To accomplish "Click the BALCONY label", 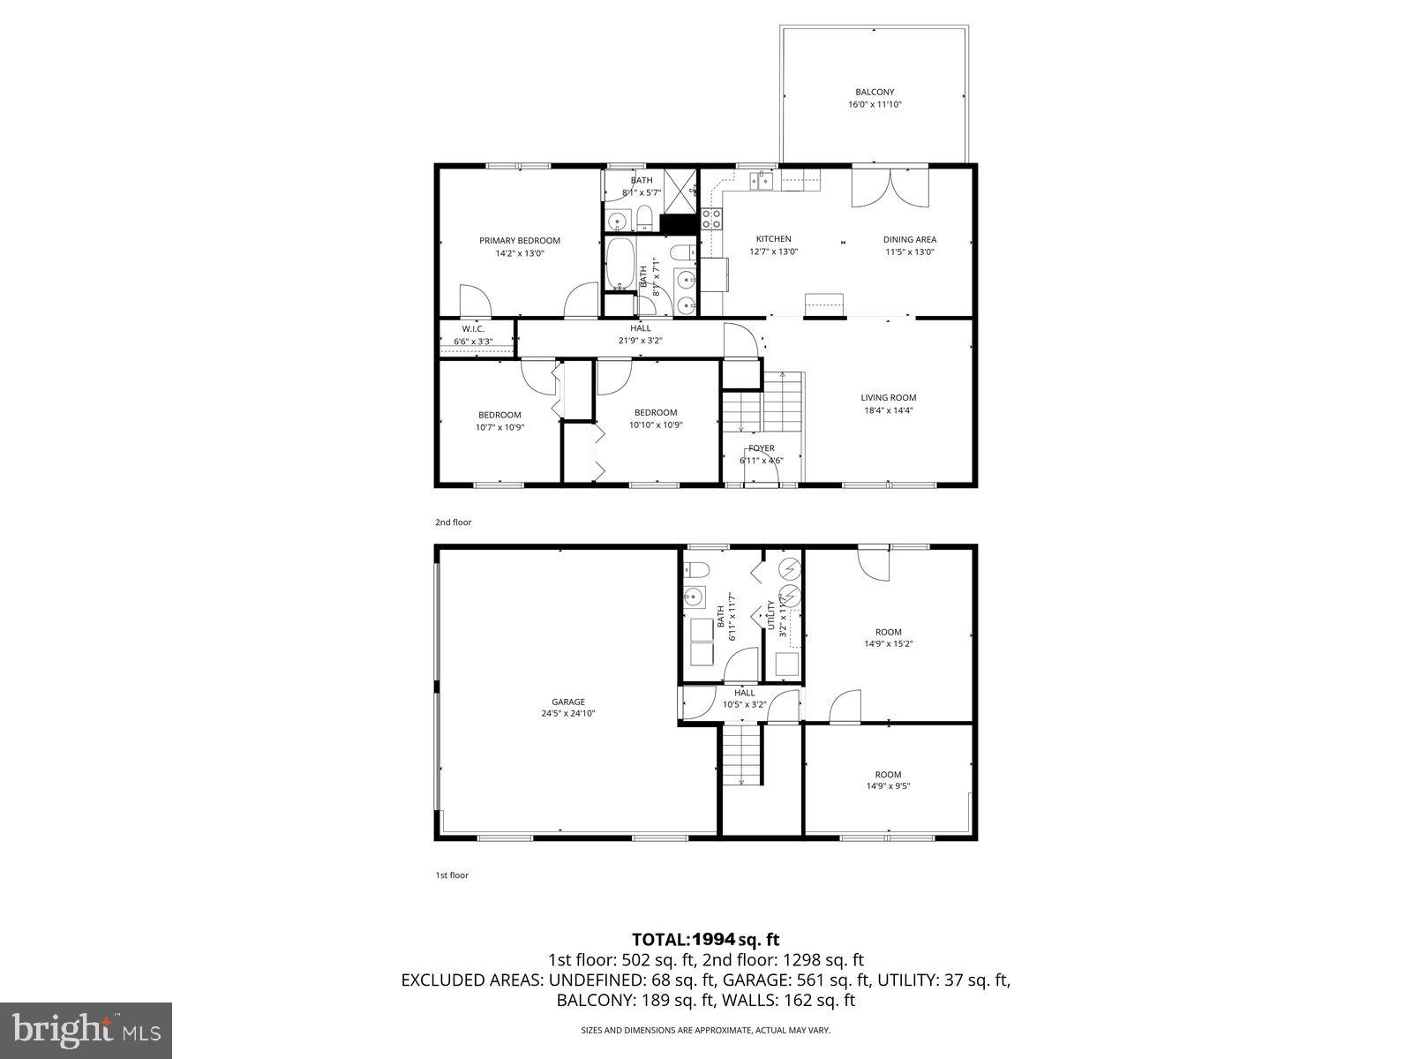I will [x=875, y=92].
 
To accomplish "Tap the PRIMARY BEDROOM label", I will [x=520, y=241].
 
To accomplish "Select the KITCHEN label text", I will [x=773, y=239].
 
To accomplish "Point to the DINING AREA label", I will [x=910, y=239].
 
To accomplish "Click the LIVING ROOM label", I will [x=889, y=398].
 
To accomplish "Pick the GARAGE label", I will [x=568, y=702].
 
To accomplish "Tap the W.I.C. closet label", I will [x=473, y=329].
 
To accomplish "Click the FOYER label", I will [x=761, y=448].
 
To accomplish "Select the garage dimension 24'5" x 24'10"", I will [x=568, y=714].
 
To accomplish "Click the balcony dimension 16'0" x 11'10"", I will [x=875, y=104].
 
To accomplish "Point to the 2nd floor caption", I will [x=454, y=522].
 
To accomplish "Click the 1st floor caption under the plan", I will [x=452, y=875].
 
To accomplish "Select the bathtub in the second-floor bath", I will [x=620, y=264].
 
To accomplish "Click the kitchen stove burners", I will [x=711, y=218].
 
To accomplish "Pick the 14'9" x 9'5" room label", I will [x=888, y=780].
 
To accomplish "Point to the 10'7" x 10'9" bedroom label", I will [x=499, y=421].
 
